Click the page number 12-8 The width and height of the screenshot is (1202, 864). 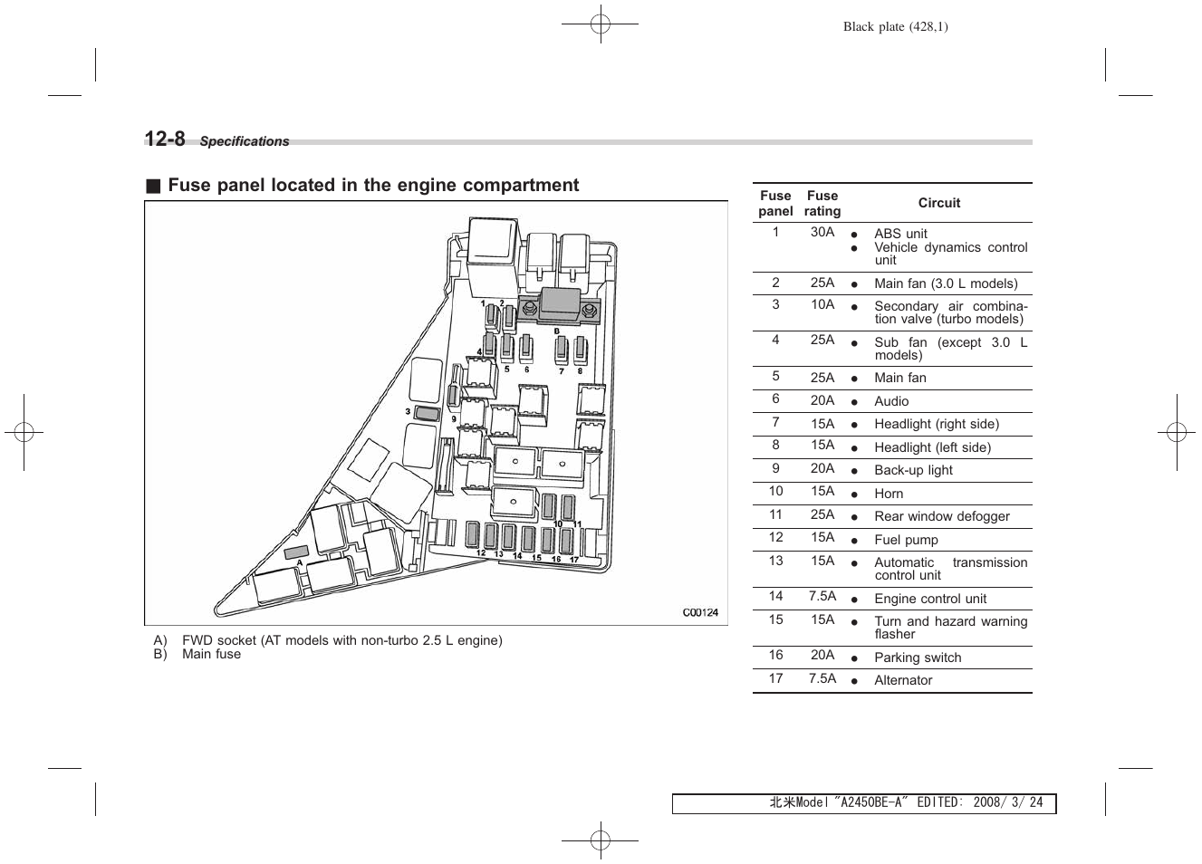click(x=165, y=139)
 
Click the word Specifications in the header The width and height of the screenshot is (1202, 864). click(x=245, y=141)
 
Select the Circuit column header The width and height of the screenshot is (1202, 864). click(x=938, y=203)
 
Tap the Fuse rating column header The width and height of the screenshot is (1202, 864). click(x=822, y=203)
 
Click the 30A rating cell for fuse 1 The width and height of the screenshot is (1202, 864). click(x=822, y=232)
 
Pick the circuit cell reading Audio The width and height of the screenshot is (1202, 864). click(x=891, y=401)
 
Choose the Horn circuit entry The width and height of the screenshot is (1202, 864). click(x=889, y=494)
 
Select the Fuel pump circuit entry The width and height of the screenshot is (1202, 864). click(x=906, y=540)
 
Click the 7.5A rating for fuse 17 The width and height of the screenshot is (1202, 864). click(x=822, y=678)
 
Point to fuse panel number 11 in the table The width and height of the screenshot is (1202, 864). click(x=775, y=514)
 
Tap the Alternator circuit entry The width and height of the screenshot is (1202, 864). click(x=903, y=680)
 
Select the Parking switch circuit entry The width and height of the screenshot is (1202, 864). click(x=918, y=658)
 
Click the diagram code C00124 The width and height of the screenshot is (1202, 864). click(x=699, y=612)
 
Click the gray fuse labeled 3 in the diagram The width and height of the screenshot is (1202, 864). click(x=427, y=414)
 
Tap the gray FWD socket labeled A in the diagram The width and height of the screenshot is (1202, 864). click(x=296, y=552)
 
